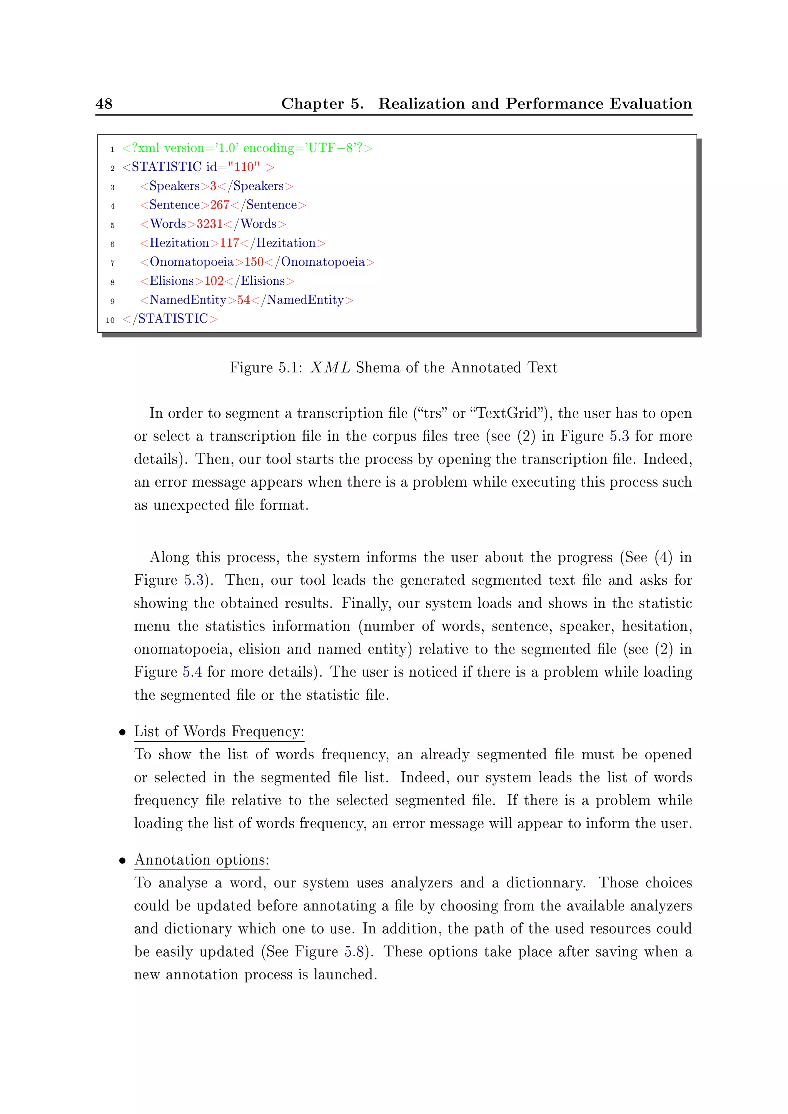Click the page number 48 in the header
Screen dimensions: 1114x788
click(x=104, y=103)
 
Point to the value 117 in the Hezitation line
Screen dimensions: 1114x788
click(x=229, y=243)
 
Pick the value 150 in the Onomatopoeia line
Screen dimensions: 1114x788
click(x=254, y=262)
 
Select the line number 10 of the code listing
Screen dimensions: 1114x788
click(x=110, y=320)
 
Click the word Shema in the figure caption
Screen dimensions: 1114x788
click(x=377, y=367)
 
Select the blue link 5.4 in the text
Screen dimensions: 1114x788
click(x=192, y=672)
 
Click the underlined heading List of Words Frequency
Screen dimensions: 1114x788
click(x=219, y=732)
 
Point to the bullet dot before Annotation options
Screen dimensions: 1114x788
click(x=123, y=861)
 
